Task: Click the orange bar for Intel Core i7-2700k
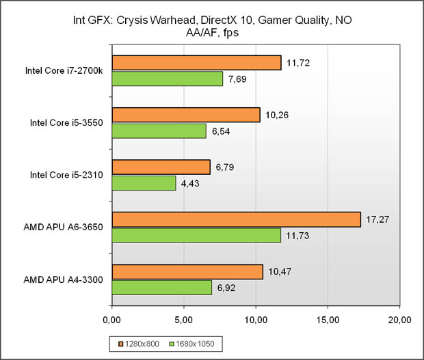pos(196,63)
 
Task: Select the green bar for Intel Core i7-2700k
pos(168,79)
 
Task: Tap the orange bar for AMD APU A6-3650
pos(236,219)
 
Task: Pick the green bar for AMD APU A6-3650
pos(196,235)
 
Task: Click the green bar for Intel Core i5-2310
pos(144,183)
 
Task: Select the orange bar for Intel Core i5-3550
pos(185,115)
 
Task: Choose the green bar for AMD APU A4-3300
pos(161,288)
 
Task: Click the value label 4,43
pos(194,184)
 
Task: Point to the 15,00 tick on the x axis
pos(328,318)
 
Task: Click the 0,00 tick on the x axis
pos(111,318)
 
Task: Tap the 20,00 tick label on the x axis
pos(399,318)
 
